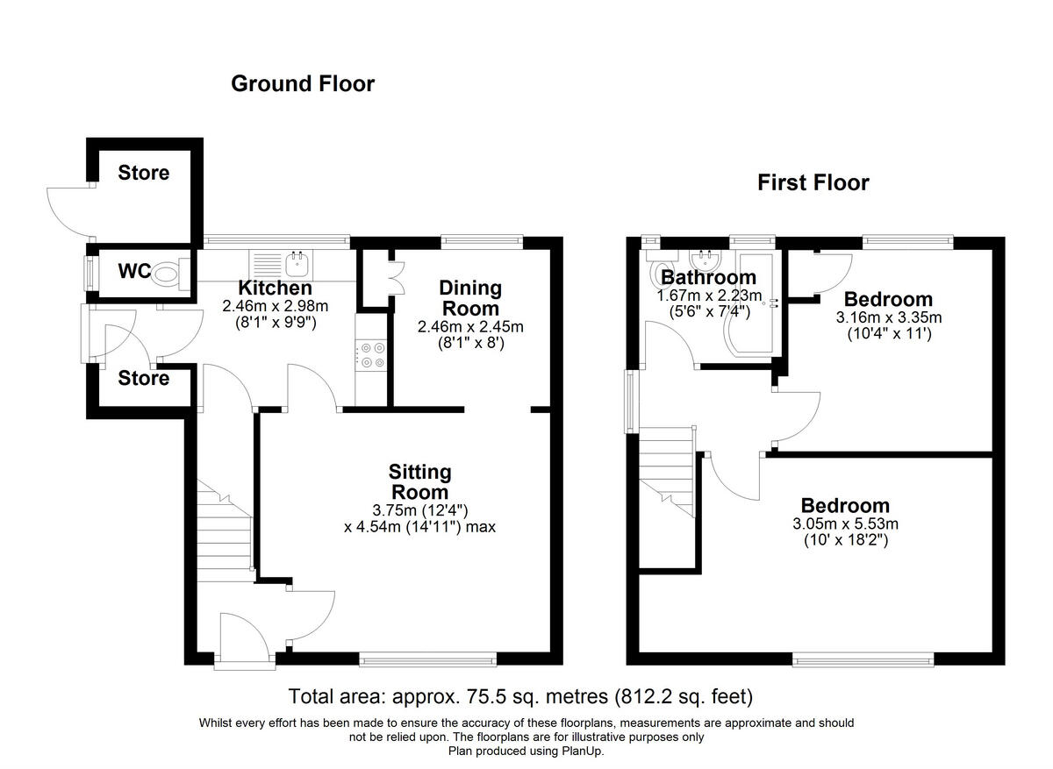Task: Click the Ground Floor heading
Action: [x=303, y=83]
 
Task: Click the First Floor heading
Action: [x=813, y=182]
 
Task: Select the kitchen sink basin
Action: [x=297, y=266]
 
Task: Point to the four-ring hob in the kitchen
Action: [x=371, y=355]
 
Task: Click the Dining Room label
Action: [x=470, y=298]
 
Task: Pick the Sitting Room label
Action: [x=419, y=482]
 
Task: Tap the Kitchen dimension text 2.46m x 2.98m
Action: [x=275, y=306]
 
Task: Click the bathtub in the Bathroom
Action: [x=750, y=304]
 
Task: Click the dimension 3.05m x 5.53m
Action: [x=846, y=523]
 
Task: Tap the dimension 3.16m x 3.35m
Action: [x=888, y=317]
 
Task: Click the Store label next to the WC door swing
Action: [x=143, y=378]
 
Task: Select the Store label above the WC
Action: [x=143, y=173]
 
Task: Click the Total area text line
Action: [x=520, y=696]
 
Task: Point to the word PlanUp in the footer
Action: [x=582, y=751]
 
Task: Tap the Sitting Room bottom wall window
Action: [x=428, y=659]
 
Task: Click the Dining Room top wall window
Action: [x=482, y=241]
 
